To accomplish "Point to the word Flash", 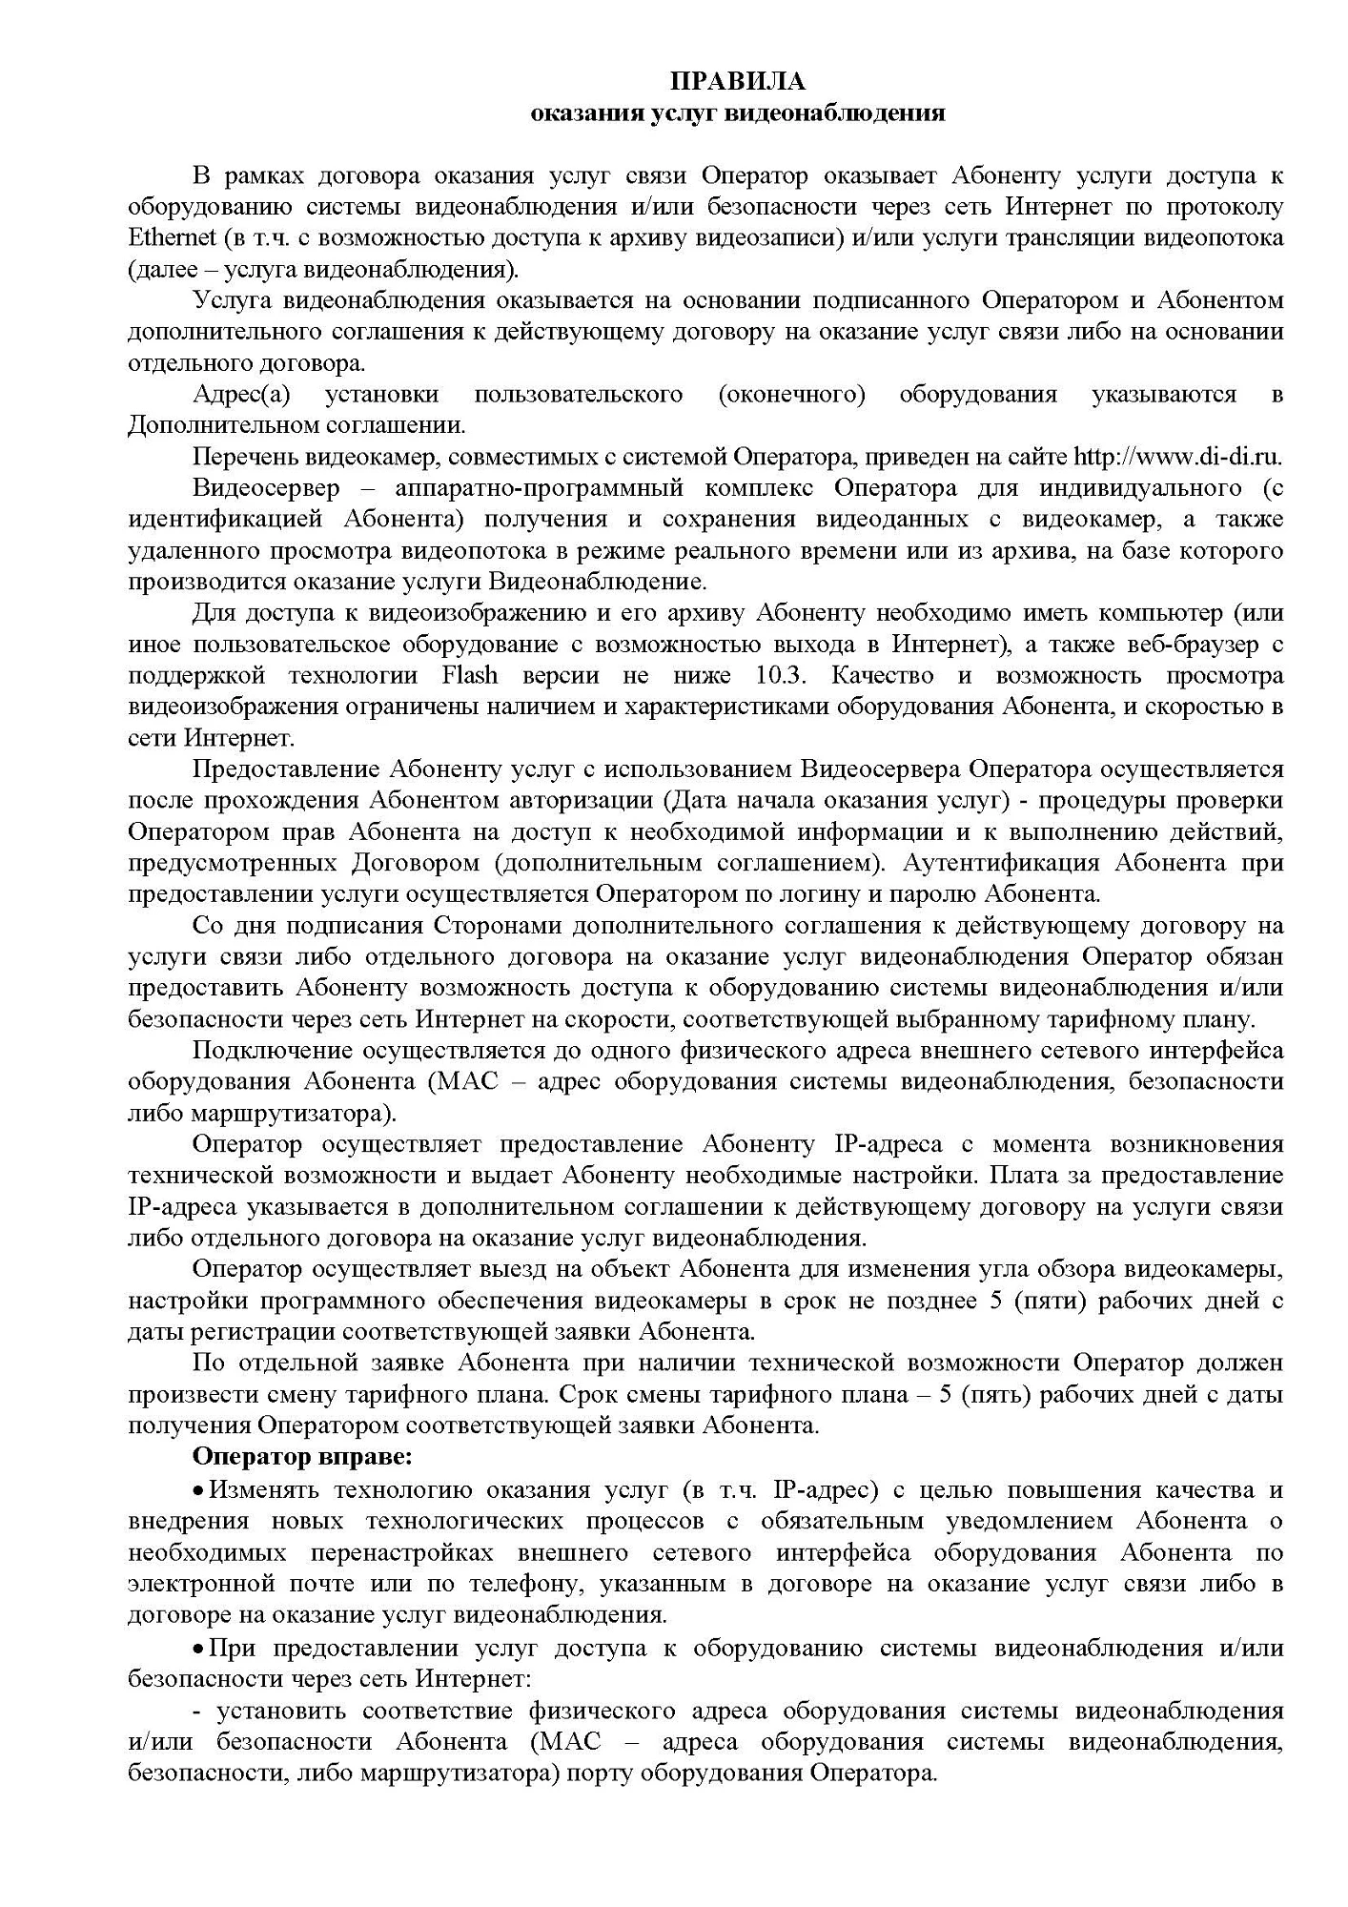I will point(469,675).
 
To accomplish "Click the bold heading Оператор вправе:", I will point(303,1457).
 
